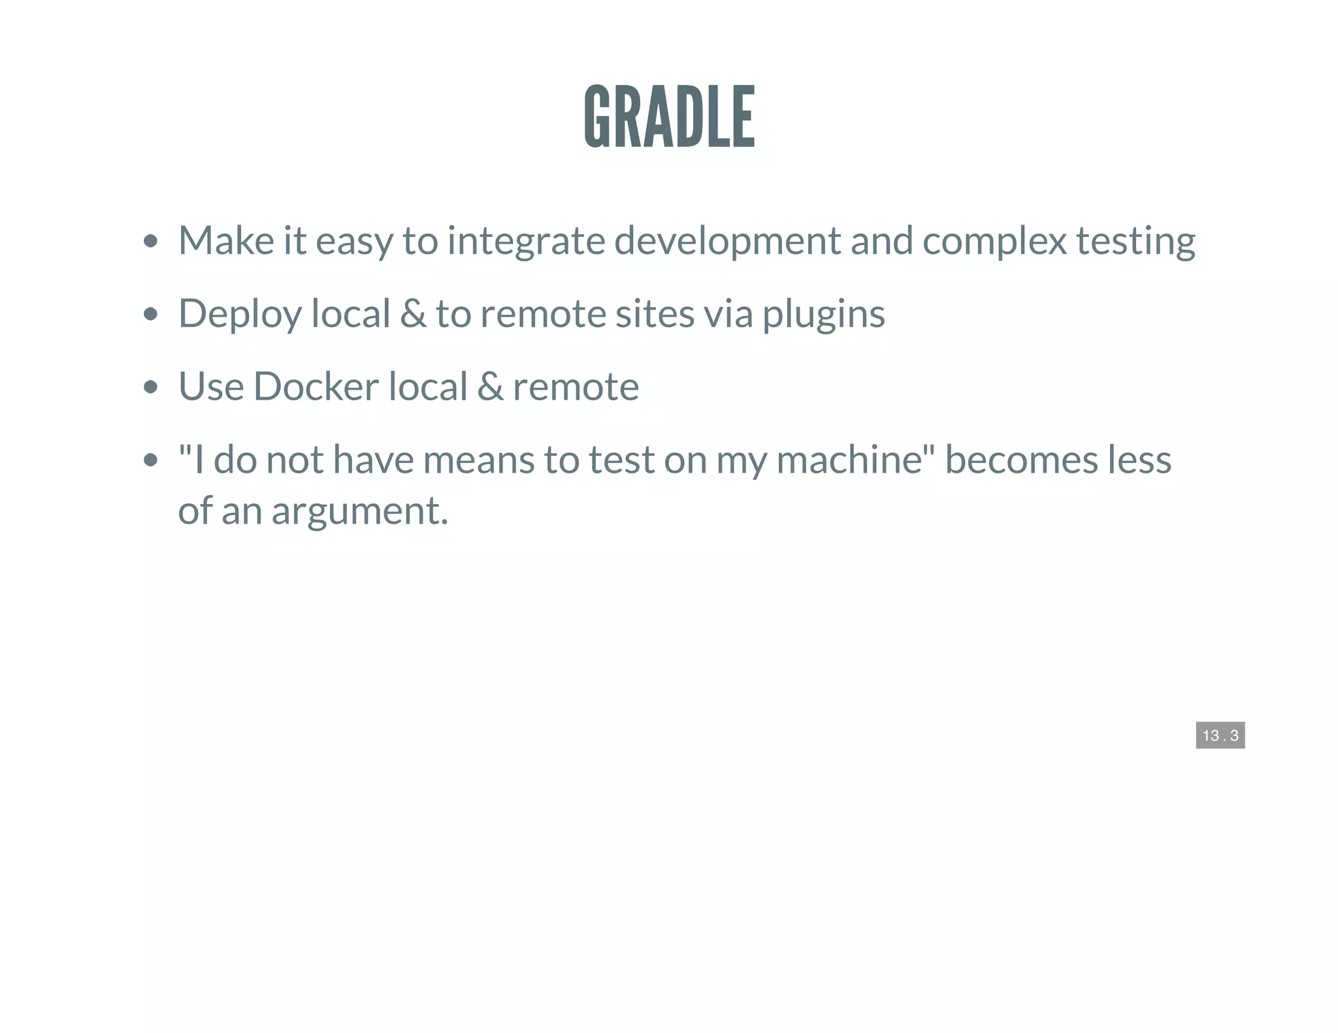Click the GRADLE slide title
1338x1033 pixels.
[x=669, y=116]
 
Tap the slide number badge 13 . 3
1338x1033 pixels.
[x=1220, y=735]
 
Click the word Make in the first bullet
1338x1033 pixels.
[x=226, y=240]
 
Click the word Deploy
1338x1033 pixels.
[x=240, y=314]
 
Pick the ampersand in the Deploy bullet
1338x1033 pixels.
[x=413, y=313]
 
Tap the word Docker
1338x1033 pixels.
[x=316, y=386]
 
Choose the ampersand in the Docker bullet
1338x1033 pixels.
[x=490, y=386]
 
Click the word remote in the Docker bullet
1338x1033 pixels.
[x=576, y=387]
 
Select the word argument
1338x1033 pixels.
[x=359, y=511]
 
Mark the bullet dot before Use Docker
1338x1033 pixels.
[x=151, y=387]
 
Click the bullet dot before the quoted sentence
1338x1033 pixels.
[x=151, y=460]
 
